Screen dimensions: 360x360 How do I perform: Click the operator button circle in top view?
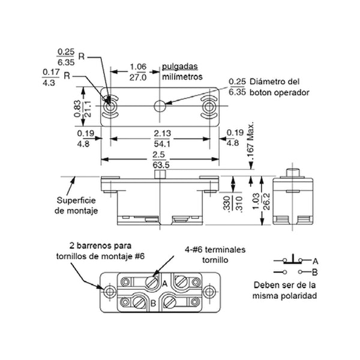coord(160,106)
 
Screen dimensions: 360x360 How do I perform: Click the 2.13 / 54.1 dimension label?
coord(163,139)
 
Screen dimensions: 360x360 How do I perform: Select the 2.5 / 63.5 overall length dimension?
coord(161,160)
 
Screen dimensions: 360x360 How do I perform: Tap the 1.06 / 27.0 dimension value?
coord(138,72)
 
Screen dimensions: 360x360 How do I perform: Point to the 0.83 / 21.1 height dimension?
coord(82,109)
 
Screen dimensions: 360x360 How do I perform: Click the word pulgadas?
coord(180,67)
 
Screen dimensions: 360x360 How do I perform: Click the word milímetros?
coord(182,77)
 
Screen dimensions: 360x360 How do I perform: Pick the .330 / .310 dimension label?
coord(233,203)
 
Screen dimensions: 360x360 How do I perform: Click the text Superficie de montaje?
coord(76,205)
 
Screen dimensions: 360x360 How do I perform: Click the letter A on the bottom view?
coord(164,284)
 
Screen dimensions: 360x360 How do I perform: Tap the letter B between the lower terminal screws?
coord(153,303)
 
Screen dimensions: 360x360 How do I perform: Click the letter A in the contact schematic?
coord(315,261)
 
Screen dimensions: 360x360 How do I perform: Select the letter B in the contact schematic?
coord(315,272)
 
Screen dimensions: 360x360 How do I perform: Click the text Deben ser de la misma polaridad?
coord(284,290)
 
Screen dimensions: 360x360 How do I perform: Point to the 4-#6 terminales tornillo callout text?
coord(215,255)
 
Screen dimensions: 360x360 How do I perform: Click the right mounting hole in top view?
coord(209,107)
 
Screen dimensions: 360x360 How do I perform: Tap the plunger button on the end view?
coord(293,172)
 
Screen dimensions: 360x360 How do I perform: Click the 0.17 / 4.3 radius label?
coord(51,77)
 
